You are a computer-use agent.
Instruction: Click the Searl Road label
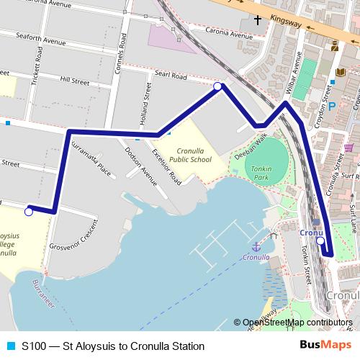pos(170,76)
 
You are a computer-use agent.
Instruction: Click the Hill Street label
pos(74,81)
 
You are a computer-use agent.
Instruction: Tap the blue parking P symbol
pos(333,106)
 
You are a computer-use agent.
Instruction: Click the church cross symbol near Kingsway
pos(256,19)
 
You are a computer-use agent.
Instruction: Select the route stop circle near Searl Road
pos(218,86)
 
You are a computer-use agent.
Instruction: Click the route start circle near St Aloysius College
pos(29,212)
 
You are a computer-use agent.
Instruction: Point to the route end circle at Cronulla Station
pos(320,242)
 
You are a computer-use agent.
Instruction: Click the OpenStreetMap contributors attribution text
pos(292,323)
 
